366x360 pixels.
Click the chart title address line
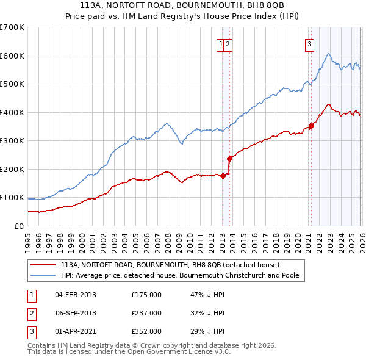[x=183, y=5]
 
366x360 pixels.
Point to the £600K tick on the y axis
[x=12, y=56]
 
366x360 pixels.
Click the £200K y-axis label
[x=12, y=169]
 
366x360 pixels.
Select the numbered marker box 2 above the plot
[x=228, y=43]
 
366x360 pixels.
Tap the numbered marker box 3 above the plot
[x=310, y=43]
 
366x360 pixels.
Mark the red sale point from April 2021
[x=310, y=126]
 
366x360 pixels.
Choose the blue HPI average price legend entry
[x=179, y=275]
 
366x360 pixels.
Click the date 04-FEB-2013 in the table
[x=76, y=295]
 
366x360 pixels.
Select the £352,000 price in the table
[x=146, y=331]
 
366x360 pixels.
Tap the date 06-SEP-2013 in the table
[x=76, y=313]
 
